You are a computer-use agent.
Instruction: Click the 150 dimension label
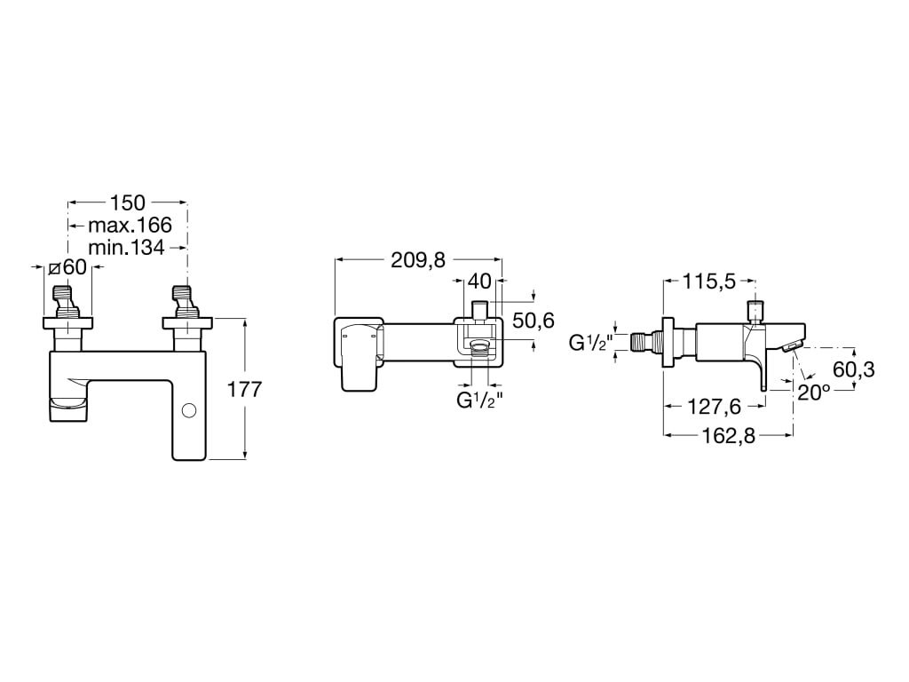[x=128, y=203]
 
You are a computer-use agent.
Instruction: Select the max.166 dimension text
[x=130, y=225]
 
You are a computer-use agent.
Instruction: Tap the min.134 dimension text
[x=126, y=248]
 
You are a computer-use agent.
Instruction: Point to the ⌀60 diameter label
[x=67, y=267]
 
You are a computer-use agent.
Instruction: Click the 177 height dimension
[x=244, y=389]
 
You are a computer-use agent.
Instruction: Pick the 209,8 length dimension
[x=418, y=261]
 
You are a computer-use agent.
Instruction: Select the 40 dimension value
[x=478, y=282]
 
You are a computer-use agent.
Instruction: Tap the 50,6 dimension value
[x=534, y=320]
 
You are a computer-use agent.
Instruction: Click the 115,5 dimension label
[x=709, y=282]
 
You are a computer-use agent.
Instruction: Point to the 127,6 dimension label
[x=715, y=407]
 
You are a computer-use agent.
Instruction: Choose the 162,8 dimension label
[x=729, y=435]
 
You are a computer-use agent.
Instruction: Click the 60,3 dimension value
[x=853, y=369]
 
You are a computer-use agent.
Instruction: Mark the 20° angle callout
[x=814, y=392]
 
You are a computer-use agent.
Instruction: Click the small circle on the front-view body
[x=188, y=410]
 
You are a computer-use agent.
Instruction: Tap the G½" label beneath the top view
[x=478, y=400]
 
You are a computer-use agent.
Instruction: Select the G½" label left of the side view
[x=590, y=343]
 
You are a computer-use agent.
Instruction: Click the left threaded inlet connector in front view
[x=68, y=301]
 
